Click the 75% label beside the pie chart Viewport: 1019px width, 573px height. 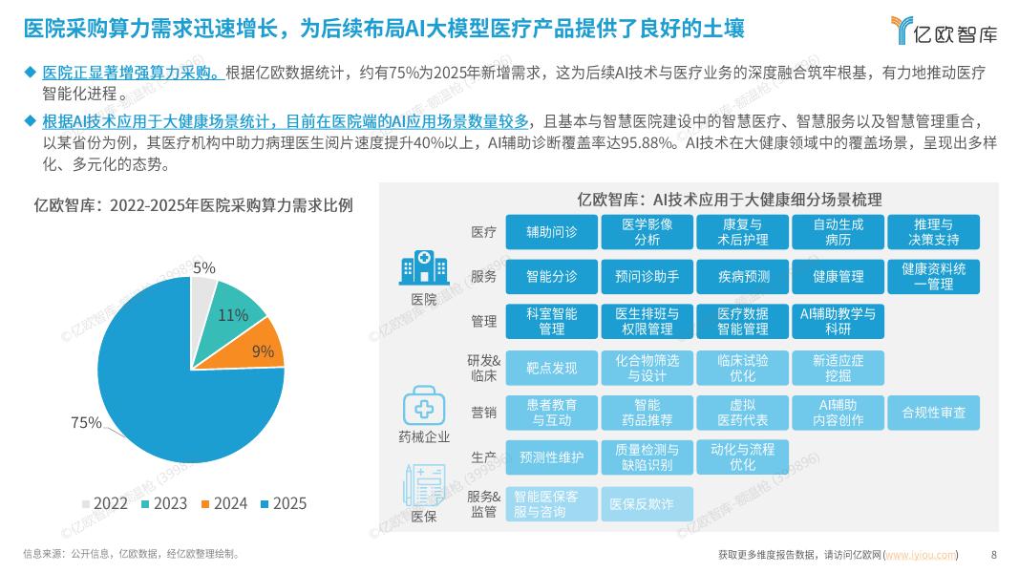coord(86,422)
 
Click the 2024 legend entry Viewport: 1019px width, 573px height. coord(222,503)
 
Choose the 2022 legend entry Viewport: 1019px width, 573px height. coord(103,503)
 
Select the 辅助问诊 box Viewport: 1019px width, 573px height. coord(551,232)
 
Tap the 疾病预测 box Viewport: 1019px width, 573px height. coord(743,276)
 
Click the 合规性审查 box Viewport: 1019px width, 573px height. coord(933,413)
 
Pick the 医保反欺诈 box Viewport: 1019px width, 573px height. coord(647,503)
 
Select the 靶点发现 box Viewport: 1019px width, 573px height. coord(551,368)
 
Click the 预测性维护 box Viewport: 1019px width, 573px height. coord(551,457)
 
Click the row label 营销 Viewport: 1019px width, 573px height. coord(483,413)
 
